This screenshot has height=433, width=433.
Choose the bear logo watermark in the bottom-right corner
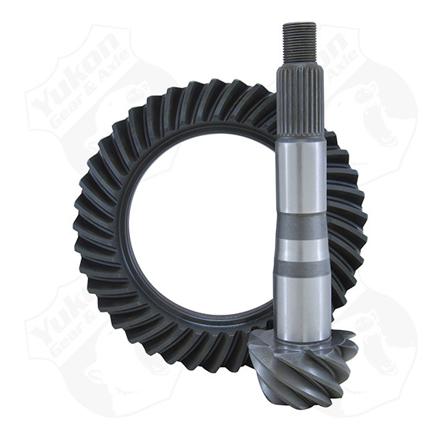[x=371, y=340]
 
